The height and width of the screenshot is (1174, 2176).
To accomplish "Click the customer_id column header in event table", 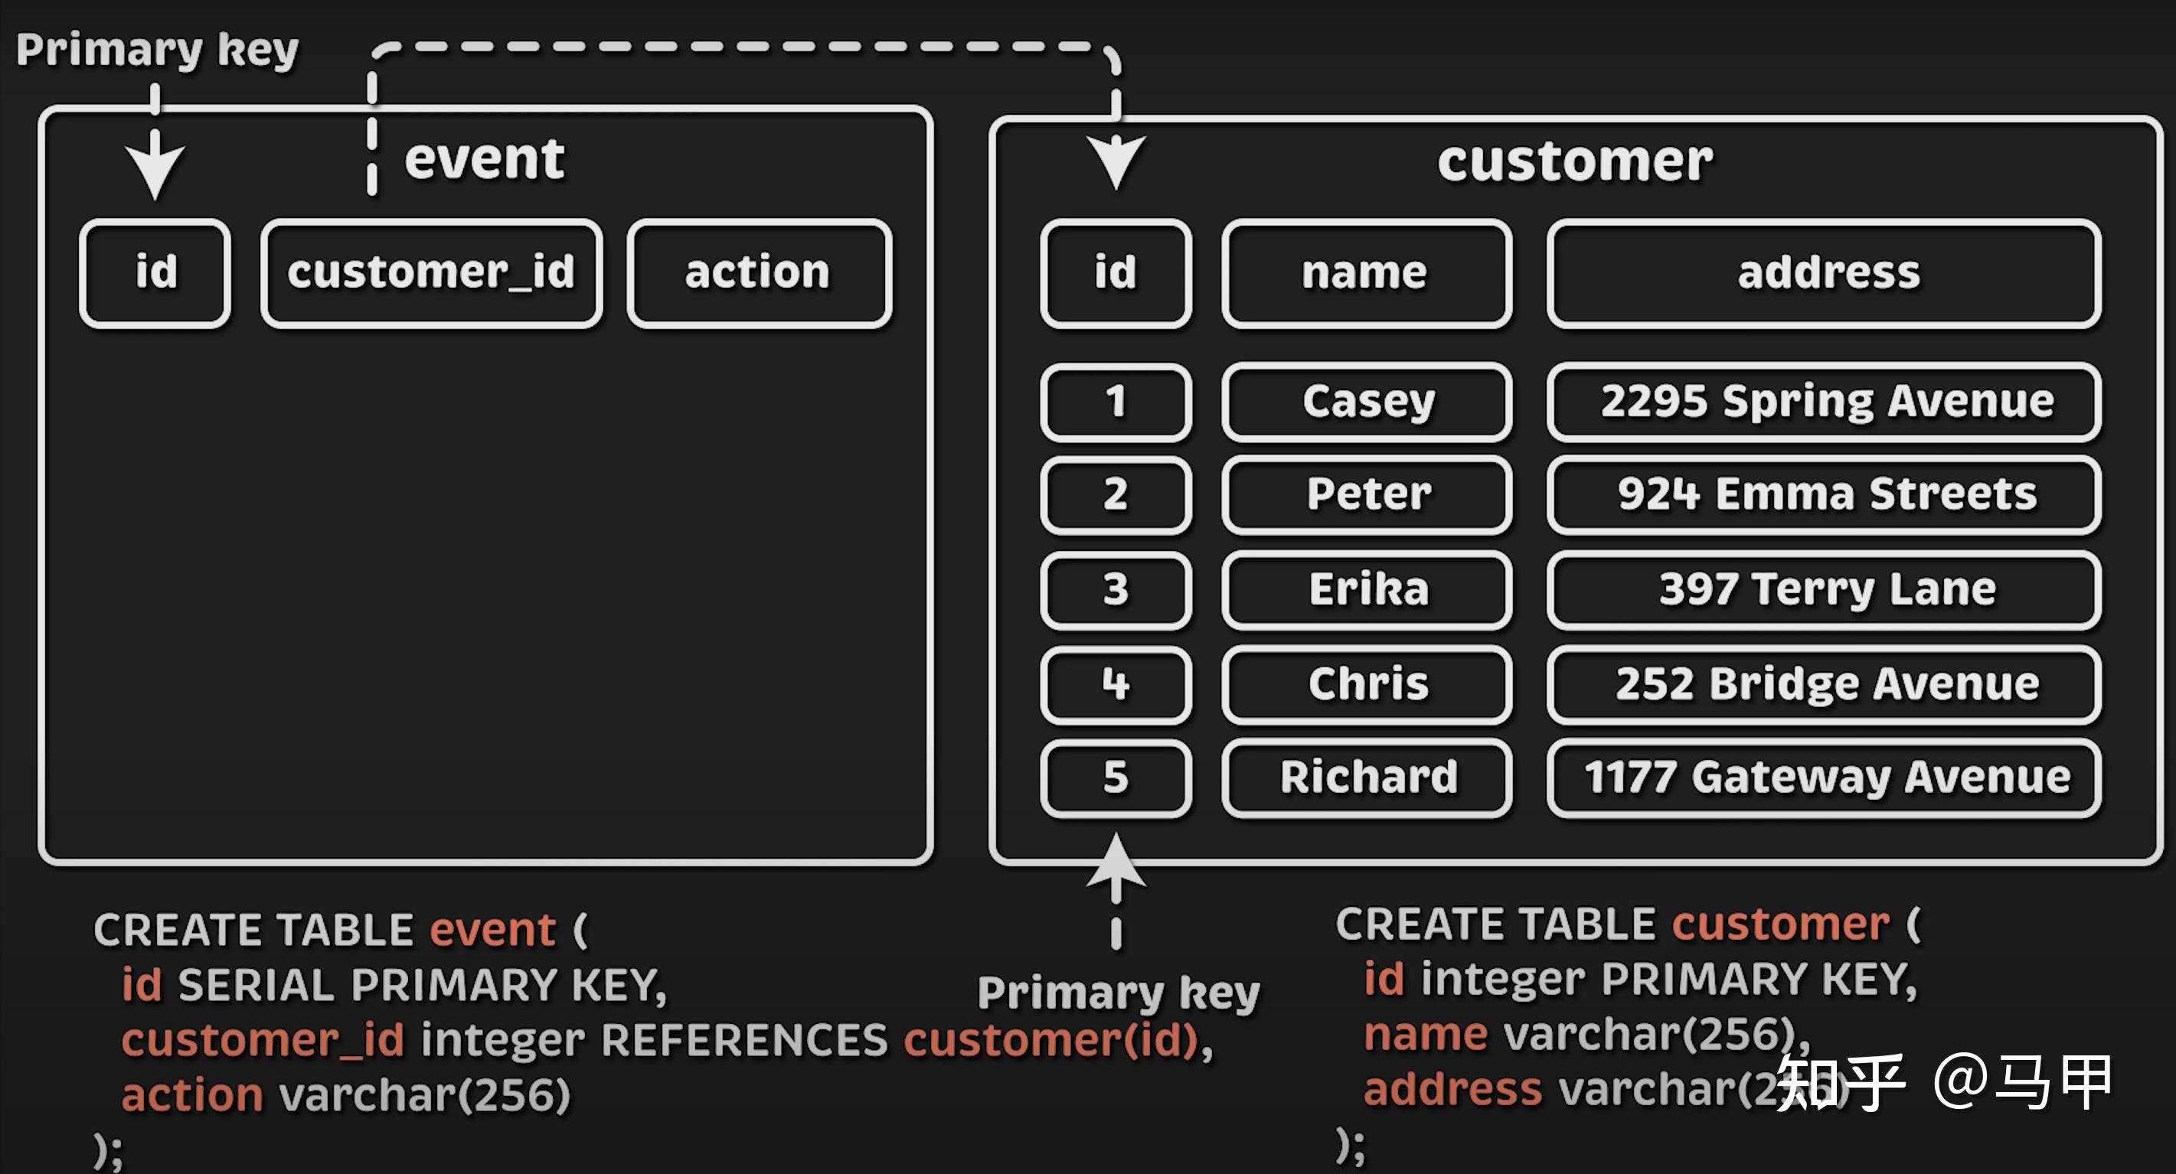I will point(432,272).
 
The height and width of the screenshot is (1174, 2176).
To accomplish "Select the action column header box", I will point(759,272).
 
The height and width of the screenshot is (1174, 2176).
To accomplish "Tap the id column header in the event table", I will point(155,272).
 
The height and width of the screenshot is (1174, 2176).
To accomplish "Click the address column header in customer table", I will point(1825,272).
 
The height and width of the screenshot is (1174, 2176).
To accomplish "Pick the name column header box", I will point(1366,272).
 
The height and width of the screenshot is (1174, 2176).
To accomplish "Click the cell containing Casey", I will point(1366,401).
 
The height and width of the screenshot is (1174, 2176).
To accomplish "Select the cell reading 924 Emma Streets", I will point(1825,494).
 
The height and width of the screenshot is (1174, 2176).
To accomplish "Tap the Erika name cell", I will point(1366,589).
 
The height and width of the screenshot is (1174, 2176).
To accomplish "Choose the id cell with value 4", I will point(1115,683).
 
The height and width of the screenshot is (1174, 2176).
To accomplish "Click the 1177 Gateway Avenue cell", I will point(1825,777).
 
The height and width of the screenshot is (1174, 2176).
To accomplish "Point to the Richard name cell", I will point(1366,777).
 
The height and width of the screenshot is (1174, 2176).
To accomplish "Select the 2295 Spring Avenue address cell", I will point(1825,401).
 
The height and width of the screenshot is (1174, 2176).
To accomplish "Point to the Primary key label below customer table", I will point(1118,993).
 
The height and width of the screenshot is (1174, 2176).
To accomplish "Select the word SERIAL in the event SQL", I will point(256,985).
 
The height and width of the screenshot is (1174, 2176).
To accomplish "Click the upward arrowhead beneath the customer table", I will point(1116,862).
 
